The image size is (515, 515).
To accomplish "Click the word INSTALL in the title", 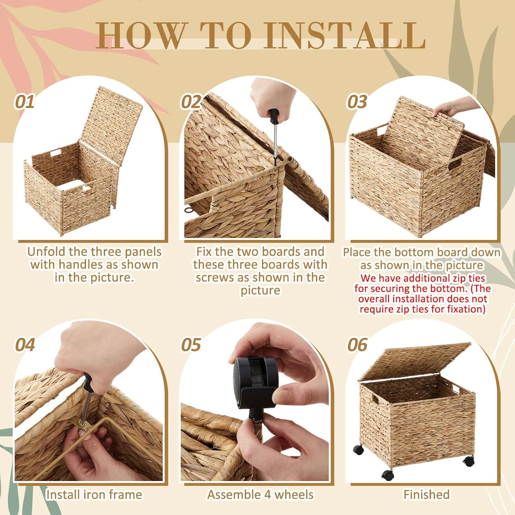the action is (x=345, y=35).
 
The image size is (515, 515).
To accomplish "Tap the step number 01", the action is (x=24, y=102).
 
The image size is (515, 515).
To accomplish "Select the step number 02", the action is (x=191, y=102).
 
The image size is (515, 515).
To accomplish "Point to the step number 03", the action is (x=357, y=102).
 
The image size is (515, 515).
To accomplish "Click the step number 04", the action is (x=25, y=345).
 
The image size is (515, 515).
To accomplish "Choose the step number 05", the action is (x=191, y=345).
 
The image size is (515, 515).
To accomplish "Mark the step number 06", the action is (x=357, y=345).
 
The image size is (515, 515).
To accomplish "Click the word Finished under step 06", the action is (x=426, y=494).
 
